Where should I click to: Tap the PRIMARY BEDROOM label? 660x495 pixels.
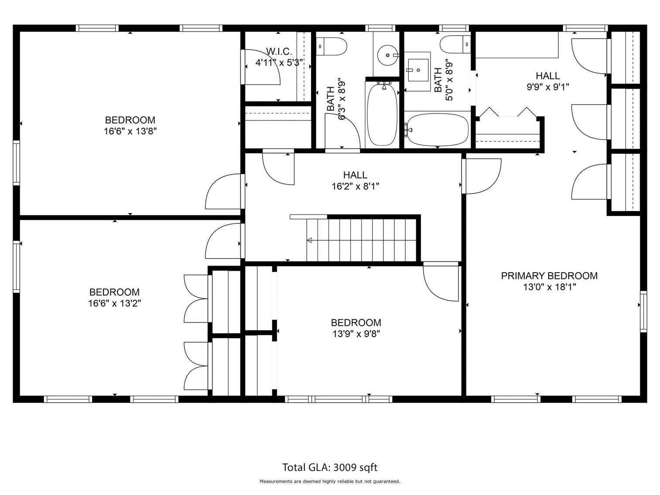tap(549, 276)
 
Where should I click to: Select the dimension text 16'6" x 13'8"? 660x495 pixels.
tap(130, 131)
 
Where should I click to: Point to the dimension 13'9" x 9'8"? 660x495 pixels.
tap(356, 334)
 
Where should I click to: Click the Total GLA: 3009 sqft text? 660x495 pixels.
tap(330, 468)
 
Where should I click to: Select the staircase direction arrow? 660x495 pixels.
tap(310, 240)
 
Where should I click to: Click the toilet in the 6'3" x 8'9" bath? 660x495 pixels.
tap(332, 46)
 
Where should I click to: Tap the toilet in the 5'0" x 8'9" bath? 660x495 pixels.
tap(455, 44)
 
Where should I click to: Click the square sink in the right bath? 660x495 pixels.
tap(417, 70)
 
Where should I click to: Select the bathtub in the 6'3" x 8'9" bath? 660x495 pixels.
tap(382, 114)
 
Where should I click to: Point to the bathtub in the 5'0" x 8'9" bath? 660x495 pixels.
tap(437, 129)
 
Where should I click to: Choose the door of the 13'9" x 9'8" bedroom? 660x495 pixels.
tap(441, 281)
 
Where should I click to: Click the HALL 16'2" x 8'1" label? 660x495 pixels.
tap(355, 181)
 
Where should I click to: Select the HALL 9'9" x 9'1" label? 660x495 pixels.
tap(547, 81)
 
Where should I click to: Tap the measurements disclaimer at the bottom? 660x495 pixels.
tap(330, 481)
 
